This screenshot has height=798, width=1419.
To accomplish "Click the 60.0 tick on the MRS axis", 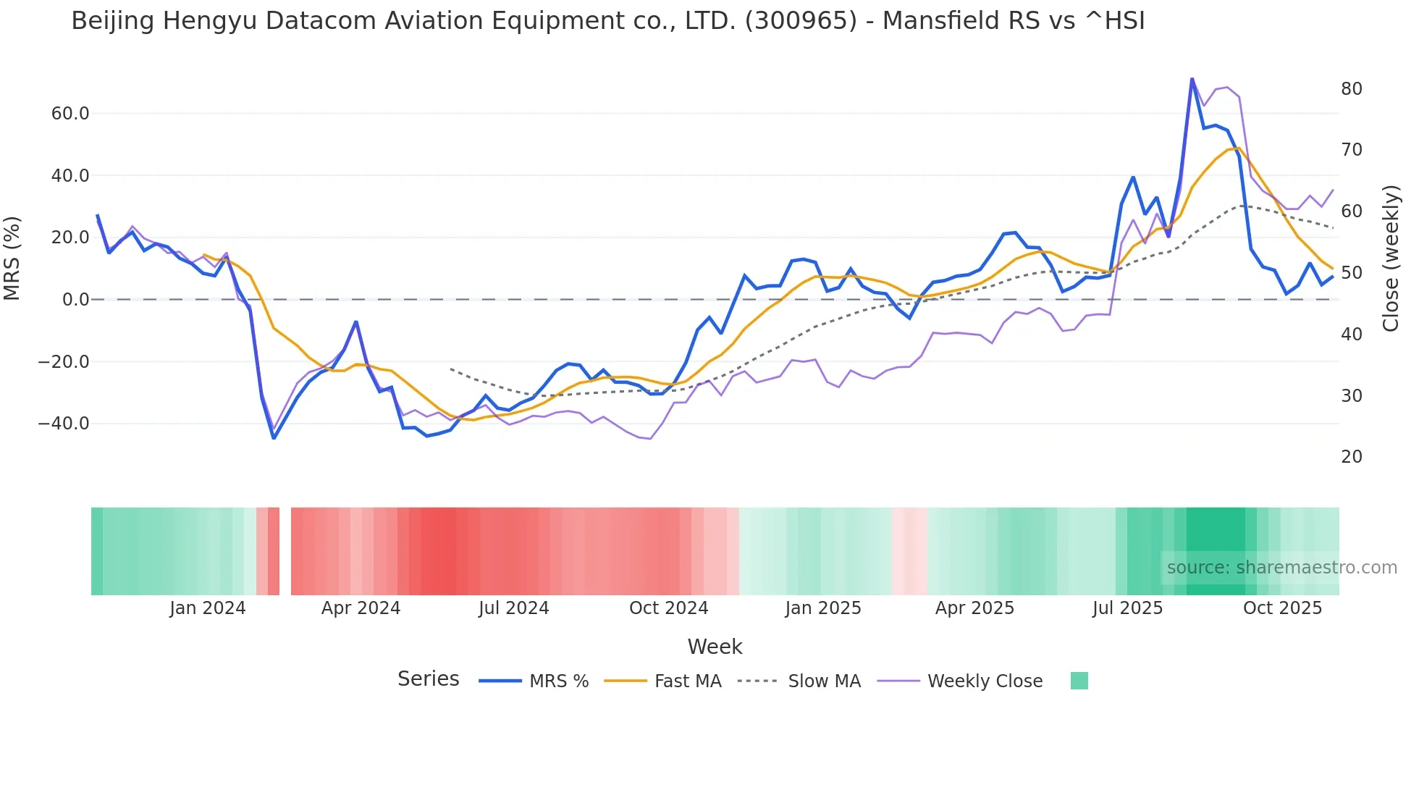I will click(70, 114).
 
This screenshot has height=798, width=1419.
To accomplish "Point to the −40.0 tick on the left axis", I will click(64, 424).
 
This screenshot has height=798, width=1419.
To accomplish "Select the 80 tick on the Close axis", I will click(1351, 89).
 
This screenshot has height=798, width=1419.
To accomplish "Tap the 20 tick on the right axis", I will click(1351, 457).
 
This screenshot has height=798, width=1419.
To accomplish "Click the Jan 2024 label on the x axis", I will click(207, 608).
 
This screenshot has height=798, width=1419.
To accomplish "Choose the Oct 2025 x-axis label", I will click(1282, 608).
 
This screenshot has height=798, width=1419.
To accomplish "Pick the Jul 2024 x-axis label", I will click(513, 608).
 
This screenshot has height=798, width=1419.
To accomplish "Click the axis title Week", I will click(715, 647).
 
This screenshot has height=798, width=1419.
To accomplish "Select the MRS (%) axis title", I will click(12, 258).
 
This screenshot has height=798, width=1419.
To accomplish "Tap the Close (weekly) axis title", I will click(1390, 258).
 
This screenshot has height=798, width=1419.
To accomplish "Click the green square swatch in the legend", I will click(1079, 681).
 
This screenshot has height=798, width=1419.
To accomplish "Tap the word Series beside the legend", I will click(428, 679).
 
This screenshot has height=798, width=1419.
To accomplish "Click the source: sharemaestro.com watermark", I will click(1281, 568).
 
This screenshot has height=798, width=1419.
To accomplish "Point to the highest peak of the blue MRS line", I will click(1192, 79).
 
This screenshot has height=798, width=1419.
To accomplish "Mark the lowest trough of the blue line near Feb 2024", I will click(274, 437).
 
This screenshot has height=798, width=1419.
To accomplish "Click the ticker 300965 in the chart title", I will click(801, 21).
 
